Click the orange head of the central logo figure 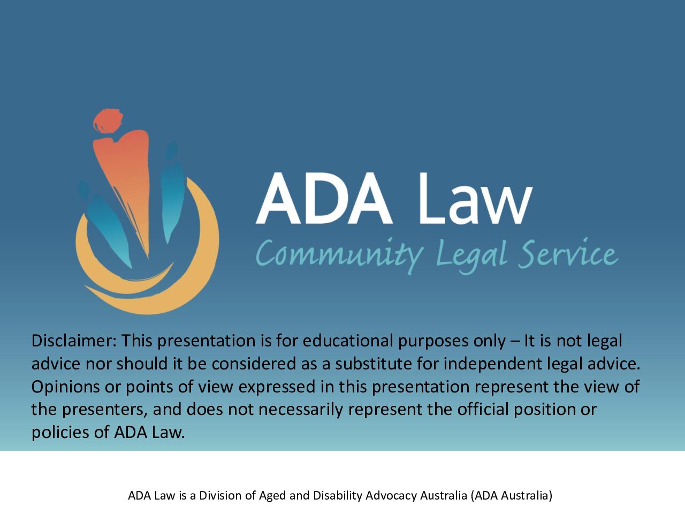click(108, 121)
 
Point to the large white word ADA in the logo click(324, 198)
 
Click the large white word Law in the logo click(476, 198)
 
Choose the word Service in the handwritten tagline click(568, 253)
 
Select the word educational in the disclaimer click(348, 341)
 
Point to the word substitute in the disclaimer click(374, 364)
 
